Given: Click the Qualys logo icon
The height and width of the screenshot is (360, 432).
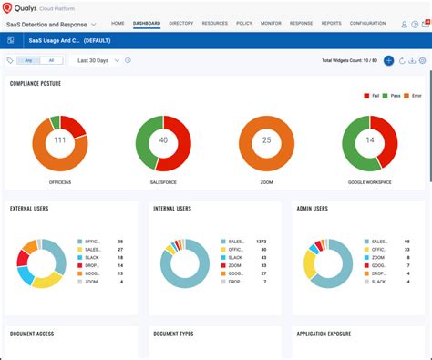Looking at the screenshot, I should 8,8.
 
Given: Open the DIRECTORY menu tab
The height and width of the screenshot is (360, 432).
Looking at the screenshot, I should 181,23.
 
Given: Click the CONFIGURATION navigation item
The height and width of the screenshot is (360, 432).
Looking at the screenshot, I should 367,23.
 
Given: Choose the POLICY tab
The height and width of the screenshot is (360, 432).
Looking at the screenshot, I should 244,23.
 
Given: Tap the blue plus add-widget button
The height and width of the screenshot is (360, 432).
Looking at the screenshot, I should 388,60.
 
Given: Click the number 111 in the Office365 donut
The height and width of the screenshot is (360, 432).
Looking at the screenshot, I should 60,140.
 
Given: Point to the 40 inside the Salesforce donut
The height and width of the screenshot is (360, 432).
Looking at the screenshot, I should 163,140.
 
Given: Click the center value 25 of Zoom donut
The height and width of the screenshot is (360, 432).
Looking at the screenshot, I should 267,140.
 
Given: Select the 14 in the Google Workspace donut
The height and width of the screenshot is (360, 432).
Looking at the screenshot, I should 370,140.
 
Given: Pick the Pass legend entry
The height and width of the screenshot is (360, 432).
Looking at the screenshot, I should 395,95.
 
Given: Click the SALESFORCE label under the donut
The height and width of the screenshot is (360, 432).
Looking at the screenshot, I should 163,182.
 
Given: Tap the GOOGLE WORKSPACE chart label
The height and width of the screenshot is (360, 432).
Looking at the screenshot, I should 370,182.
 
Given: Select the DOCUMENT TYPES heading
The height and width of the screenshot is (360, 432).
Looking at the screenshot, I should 173,334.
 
